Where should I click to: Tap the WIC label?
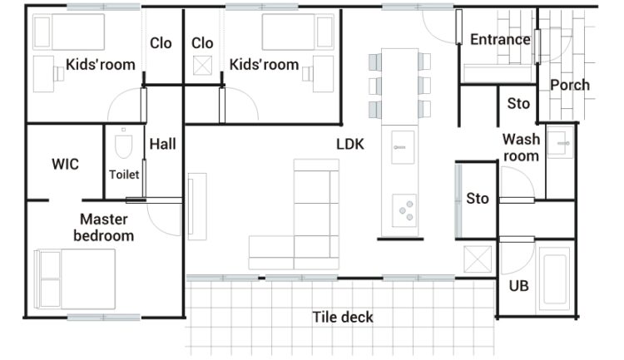[x=65, y=164]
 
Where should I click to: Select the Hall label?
[x=163, y=144]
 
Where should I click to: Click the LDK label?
[x=350, y=144]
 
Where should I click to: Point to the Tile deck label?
[x=343, y=317]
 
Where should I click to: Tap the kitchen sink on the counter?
[x=403, y=147]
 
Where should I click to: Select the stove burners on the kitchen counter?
[x=404, y=210]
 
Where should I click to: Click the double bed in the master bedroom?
[x=75, y=279]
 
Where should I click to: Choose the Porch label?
[x=570, y=85]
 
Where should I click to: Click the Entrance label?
[x=500, y=39]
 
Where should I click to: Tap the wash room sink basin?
[x=560, y=142]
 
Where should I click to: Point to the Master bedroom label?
[x=104, y=228]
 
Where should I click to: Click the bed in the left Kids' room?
[x=69, y=32]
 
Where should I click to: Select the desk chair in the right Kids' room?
[x=307, y=74]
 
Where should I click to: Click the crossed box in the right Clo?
[x=202, y=66]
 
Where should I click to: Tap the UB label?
[x=519, y=286]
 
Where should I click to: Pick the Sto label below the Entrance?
[x=518, y=103]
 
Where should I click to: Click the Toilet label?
[x=124, y=175]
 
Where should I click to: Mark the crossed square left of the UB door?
[x=478, y=259]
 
